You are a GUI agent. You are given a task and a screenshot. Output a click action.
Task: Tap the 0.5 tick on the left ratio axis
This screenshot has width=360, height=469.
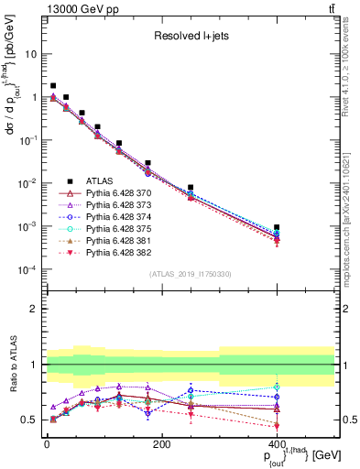(31, 420)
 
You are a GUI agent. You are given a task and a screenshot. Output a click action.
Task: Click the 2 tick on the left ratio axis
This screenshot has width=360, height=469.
(35, 309)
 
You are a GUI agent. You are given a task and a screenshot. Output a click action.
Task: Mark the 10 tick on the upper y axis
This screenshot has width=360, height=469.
(31, 54)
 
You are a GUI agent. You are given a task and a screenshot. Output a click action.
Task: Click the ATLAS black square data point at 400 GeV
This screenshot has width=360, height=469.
(277, 226)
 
